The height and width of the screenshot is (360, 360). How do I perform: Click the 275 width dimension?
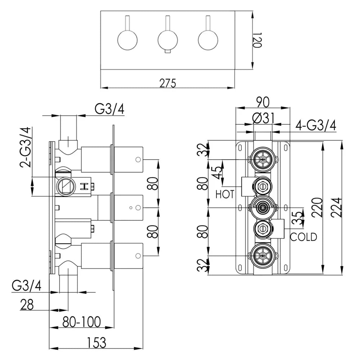click(x=168, y=83)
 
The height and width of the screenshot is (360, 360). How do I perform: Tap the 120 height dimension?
click(x=256, y=40)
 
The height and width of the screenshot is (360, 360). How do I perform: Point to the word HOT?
click(x=225, y=194)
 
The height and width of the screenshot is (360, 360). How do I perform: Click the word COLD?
click(x=303, y=237)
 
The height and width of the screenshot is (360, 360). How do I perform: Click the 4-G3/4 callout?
click(x=316, y=126)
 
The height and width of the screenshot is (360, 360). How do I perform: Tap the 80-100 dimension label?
click(x=81, y=321)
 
